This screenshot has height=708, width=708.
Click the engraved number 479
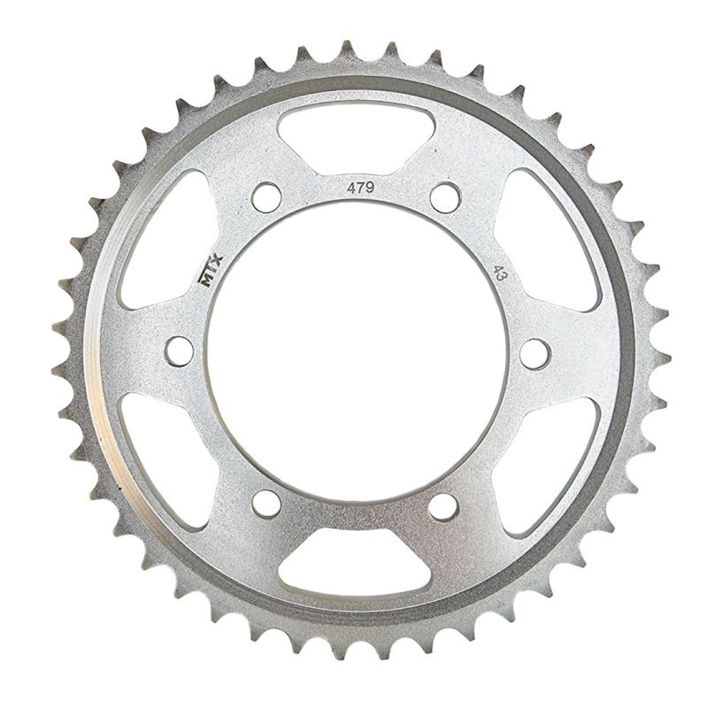click(x=359, y=189)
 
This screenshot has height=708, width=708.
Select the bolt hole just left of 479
click(x=265, y=196)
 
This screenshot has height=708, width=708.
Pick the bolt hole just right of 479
click(x=444, y=196)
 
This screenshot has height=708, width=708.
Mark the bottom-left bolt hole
click(x=265, y=505)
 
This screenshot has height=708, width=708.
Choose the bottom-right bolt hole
click(x=444, y=506)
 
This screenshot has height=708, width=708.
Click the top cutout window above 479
click(x=354, y=133)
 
